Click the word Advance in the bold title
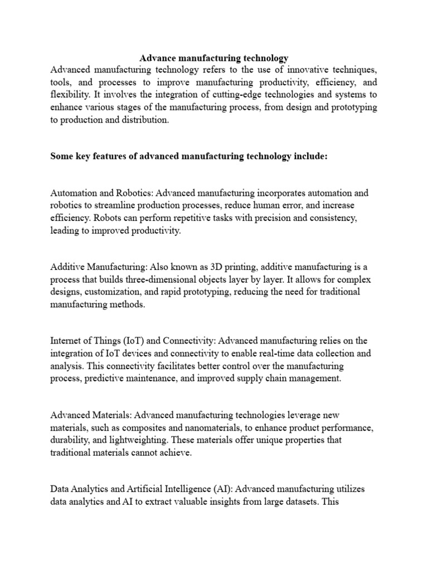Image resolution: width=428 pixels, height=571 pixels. pos(157,57)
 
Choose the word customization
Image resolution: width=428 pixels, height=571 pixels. pos(111,292)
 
